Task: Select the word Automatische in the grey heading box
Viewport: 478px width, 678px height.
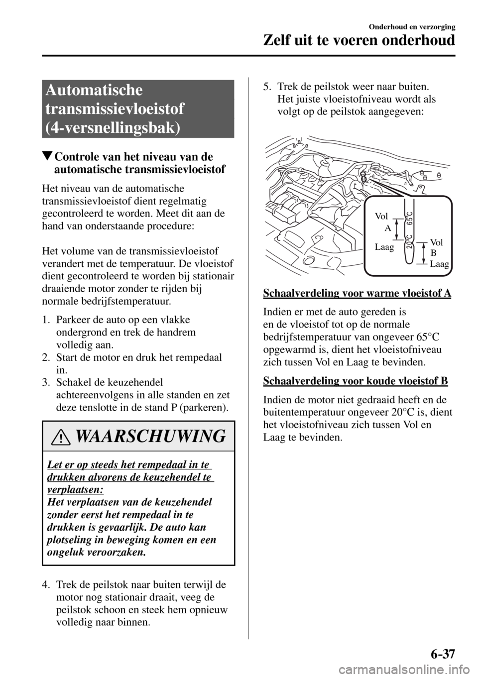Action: (x=93, y=90)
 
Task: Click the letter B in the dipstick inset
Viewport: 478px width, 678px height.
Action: (x=433, y=253)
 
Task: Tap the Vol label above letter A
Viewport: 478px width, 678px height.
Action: (x=381, y=217)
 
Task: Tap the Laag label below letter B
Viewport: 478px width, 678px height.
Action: (x=439, y=264)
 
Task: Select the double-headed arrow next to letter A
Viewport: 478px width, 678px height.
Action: (x=397, y=230)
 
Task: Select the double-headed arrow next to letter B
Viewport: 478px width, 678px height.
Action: (x=421, y=253)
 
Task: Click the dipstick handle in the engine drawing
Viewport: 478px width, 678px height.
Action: (x=363, y=176)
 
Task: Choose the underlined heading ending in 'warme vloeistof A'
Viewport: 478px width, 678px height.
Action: (x=357, y=293)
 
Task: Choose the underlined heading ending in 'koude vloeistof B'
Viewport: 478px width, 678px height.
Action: (x=355, y=381)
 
